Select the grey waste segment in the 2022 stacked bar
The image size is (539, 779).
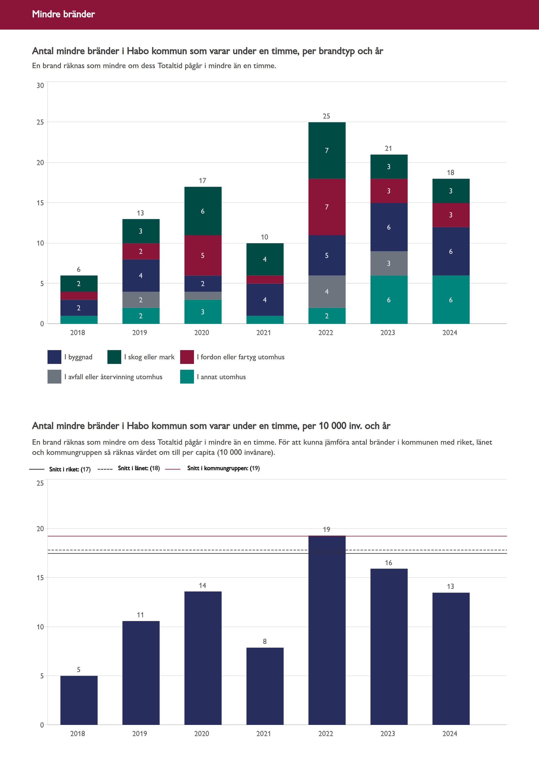pos(327,291)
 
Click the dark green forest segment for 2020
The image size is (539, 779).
pos(203,211)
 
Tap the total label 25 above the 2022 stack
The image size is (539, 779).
pos(326,116)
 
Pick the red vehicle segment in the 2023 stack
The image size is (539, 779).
pos(389,191)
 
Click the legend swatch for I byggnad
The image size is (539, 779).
pos(54,357)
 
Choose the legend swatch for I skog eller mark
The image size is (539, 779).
pos(114,357)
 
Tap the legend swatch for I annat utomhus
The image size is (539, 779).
pos(187,377)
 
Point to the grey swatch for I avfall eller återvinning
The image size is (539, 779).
pos(54,377)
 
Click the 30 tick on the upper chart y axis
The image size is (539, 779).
pos(40,85)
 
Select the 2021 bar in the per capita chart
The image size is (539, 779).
pos(265,686)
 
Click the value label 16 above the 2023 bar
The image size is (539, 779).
pos(388,562)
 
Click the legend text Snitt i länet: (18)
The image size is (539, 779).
pos(138,468)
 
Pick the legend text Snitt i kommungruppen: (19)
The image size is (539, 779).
pos(223,468)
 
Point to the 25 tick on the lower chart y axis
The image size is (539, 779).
pos(40,483)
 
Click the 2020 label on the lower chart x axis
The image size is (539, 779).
pos(202,733)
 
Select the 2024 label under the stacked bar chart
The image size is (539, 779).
pos(450,333)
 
